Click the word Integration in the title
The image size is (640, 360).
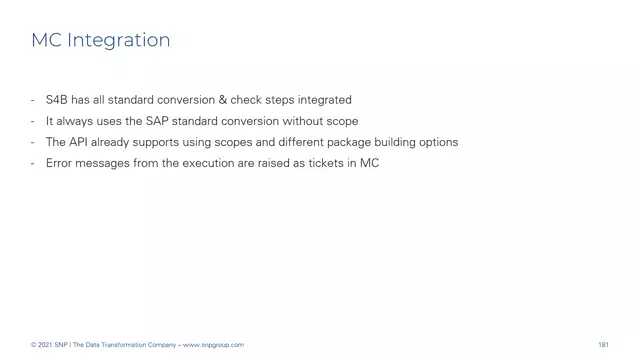point(116,41)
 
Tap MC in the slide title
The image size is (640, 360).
point(45,41)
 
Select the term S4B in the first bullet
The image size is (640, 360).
point(57,100)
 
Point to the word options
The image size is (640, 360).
point(435,142)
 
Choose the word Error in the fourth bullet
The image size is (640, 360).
point(59,163)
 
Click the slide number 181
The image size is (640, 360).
point(603,345)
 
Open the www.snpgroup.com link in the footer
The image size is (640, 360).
point(215,345)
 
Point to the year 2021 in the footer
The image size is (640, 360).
point(47,345)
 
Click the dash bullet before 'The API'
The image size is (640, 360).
point(34,142)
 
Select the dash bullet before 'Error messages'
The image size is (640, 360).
point(34,163)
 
